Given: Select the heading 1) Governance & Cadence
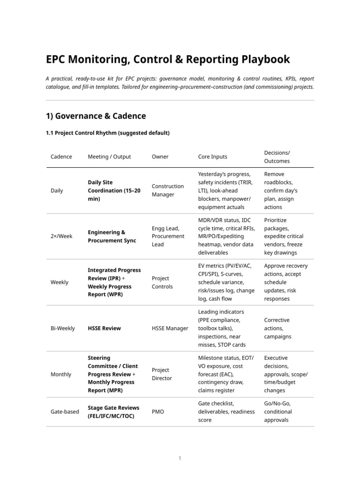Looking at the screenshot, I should [x=96, y=116].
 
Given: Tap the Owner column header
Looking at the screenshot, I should [x=160, y=157].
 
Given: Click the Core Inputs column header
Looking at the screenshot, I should [x=213, y=157].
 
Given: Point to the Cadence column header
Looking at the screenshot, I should [x=61, y=157].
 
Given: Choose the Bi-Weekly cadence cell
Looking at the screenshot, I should [x=62, y=328].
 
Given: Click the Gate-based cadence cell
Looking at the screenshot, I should [x=65, y=412].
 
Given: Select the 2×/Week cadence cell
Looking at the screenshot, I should [x=61, y=236].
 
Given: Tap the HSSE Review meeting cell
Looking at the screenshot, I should [x=104, y=328].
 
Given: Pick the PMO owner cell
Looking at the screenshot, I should [x=157, y=412].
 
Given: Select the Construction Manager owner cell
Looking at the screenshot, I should [x=167, y=190].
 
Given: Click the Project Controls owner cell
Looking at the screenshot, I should [x=162, y=282].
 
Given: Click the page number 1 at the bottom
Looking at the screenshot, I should [x=180, y=458].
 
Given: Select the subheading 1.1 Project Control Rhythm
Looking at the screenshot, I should [x=107, y=133].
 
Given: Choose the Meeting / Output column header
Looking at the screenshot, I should [x=109, y=157].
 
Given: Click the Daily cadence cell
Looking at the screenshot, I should [x=57, y=191].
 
